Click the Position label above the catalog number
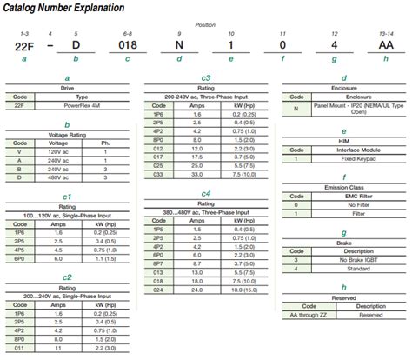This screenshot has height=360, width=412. pos(206,26)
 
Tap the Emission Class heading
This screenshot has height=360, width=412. pos(343,184)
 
